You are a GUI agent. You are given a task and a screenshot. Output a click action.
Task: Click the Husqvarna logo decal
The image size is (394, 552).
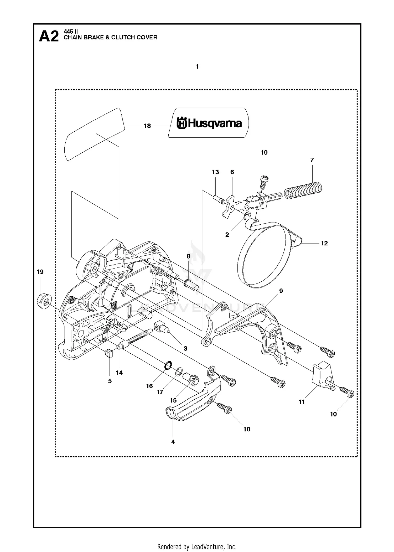pyautogui.click(x=209, y=123)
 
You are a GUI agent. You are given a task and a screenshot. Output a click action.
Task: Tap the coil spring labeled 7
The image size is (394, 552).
pyautogui.click(x=303, y=190)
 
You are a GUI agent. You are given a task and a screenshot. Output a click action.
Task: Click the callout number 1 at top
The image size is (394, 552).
pyautogui.click(x=197, y=67)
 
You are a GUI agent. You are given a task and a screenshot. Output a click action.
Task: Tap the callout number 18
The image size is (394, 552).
pyautogui.click(x=147, y=126)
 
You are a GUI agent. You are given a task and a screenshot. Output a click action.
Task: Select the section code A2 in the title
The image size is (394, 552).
pyautogui.click(x=49, y=36)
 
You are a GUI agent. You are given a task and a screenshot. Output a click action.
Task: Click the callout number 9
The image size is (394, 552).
pyautogui.click(x=281, y=291)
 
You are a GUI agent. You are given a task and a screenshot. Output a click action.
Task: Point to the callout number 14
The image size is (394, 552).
pyautogui.click(x=119, y=373)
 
